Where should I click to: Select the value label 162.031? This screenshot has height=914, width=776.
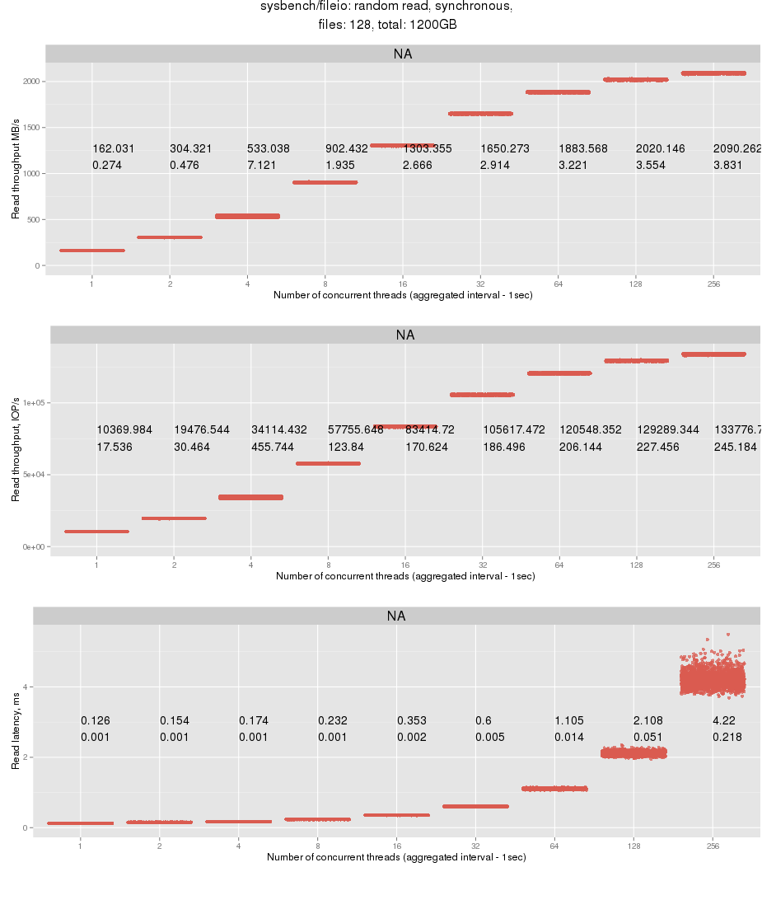[113, 149]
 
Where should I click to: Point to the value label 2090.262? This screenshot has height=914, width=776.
[736, 149]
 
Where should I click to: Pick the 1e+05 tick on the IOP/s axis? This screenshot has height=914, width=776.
[33, 403]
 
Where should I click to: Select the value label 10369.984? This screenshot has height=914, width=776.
[124, 429]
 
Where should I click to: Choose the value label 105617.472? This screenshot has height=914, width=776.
[513, 429]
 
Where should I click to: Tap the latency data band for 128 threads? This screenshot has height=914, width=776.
[633, 752]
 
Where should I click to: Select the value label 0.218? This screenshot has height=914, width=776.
[727, 738]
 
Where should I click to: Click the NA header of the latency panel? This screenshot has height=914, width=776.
[396, 616]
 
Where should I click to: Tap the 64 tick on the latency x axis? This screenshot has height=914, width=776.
[554, 846]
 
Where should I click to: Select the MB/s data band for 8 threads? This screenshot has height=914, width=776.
[325, 182]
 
